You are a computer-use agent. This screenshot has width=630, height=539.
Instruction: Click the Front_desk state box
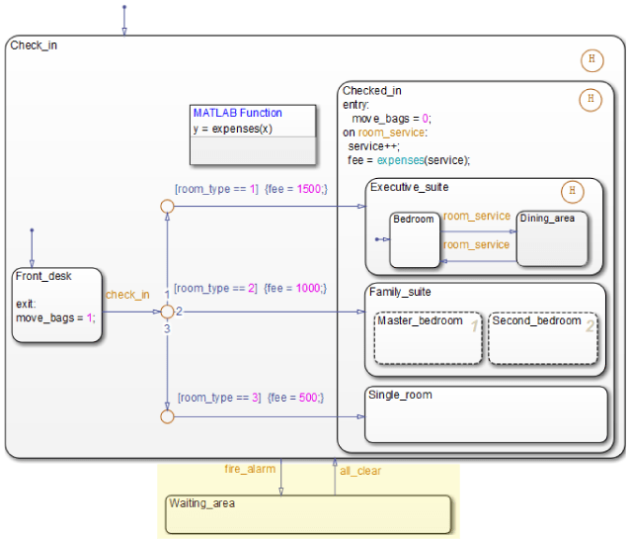point(58,304)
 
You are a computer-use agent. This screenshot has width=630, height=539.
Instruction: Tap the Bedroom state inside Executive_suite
point(414,239)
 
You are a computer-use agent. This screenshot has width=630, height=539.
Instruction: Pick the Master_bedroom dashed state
point(428,338)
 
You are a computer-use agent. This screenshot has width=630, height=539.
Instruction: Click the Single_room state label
point(400,395)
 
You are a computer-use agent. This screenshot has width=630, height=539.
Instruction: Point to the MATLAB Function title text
point(238,113)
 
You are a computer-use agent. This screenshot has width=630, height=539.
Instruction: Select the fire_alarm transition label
point(251,469)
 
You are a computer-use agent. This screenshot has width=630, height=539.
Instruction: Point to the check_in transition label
point(127,294)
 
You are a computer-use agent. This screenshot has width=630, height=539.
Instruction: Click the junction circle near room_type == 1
point(167,206)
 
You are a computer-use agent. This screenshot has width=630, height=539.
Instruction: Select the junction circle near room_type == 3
point(167,416)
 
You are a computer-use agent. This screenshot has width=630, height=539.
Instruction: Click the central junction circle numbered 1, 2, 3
point(167,312)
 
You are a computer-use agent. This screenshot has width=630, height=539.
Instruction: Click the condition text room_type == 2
point(217,288)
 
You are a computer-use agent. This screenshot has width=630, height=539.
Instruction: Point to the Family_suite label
point(400,292)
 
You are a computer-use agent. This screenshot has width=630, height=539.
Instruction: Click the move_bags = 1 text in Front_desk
point(55,317)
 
